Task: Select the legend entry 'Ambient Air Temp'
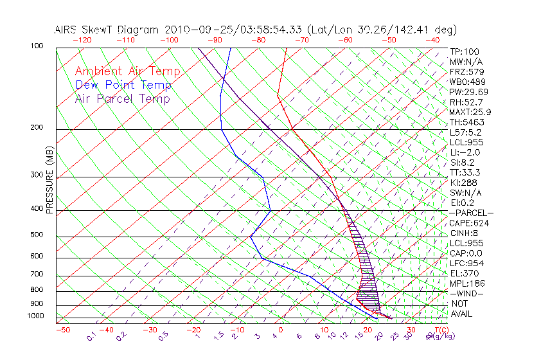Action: coord(127,71)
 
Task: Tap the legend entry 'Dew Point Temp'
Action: coord(123,85)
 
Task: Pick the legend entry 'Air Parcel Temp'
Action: coord(122,98)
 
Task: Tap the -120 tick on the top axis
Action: coord(82,40)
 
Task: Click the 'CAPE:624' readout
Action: coord(467,223)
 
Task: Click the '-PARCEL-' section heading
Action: coord(471,213)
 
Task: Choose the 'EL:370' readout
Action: coord(463,273)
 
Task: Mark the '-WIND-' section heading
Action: coord(466,294)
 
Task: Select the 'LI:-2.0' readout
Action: coord(465,152)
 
